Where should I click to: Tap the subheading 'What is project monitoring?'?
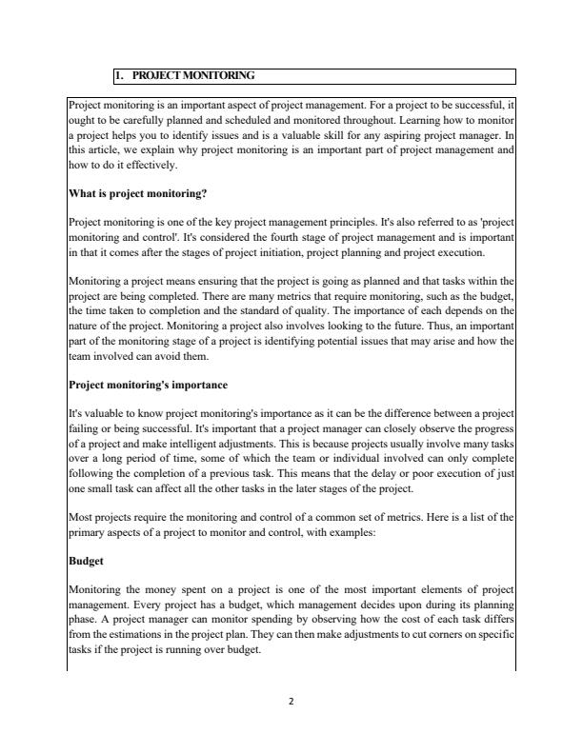[x=137, y=194]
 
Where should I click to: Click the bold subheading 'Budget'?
[x=87, y=562]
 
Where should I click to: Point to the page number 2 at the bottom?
[x=291, y=703]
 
